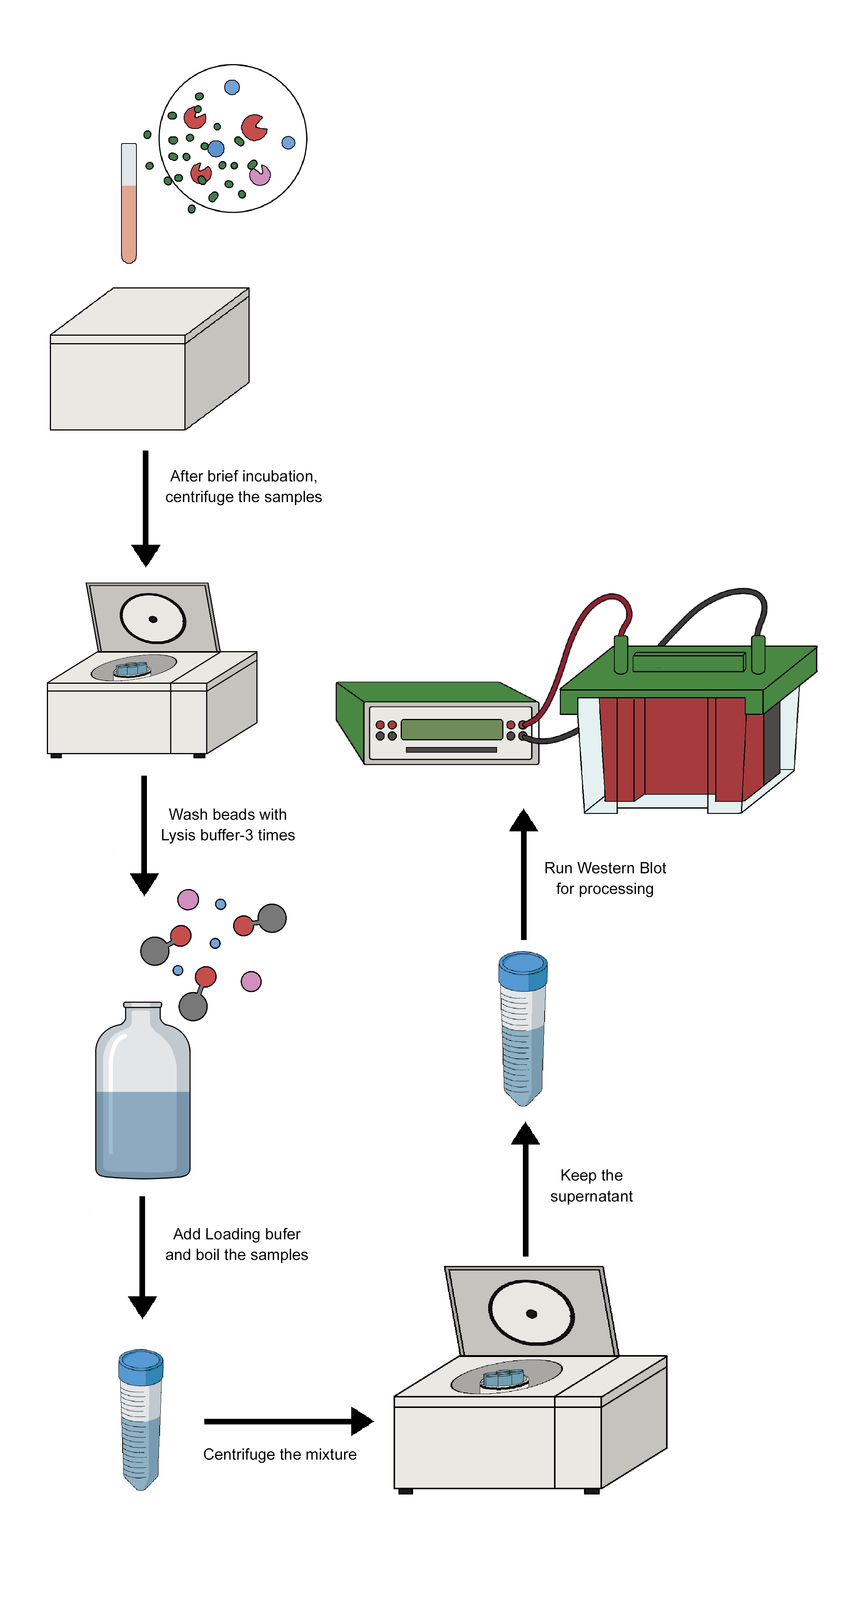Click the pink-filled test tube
(129, 206)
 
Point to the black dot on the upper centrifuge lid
(153, 619)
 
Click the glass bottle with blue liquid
(143, 1094)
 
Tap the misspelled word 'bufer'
(283, 1234)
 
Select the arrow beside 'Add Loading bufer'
(142, 1257)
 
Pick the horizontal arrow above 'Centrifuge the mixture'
(288, 1421)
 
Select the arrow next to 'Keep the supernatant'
(525, 1188)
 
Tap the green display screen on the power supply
(451, 729)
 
